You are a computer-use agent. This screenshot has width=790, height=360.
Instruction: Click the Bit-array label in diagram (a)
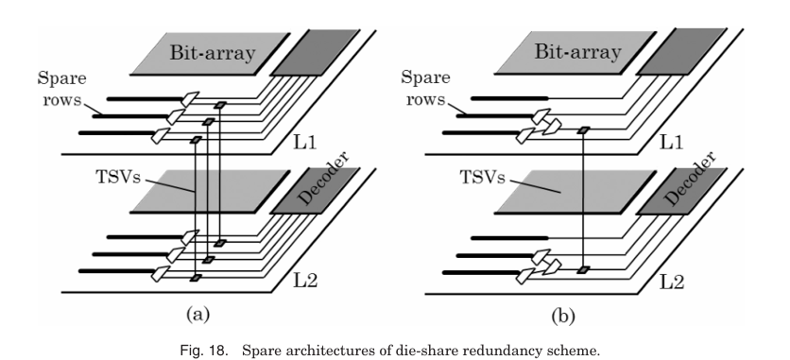[x=212, y=53]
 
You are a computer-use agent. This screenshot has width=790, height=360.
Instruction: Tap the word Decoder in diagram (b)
[x=690, y=180]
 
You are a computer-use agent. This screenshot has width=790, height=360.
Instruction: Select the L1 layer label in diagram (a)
[x=305, y=143]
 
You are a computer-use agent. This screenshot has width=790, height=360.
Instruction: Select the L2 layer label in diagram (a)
[x=305, y=281]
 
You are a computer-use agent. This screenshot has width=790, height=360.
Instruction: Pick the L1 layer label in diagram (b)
[x=672, y=143]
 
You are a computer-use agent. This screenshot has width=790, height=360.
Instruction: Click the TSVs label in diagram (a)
[x=117, y=177]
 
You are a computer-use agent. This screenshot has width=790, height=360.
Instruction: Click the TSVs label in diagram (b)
[x=482, y=178]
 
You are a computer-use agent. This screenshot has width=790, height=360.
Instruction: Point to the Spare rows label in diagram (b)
[x=425, y=89]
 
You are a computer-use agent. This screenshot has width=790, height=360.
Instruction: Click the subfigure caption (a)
[x=197, y=315]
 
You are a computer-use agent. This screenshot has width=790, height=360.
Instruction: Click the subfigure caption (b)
[x=563, y=316]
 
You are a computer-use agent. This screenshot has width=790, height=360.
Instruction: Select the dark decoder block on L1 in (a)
[x=316, y=53]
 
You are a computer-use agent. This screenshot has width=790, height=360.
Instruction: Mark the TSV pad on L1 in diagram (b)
[x=583, y=130]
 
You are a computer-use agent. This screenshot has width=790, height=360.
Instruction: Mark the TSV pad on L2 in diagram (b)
[x=583, y=270]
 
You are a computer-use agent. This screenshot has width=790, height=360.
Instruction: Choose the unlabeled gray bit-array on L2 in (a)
[x=211, y=191]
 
